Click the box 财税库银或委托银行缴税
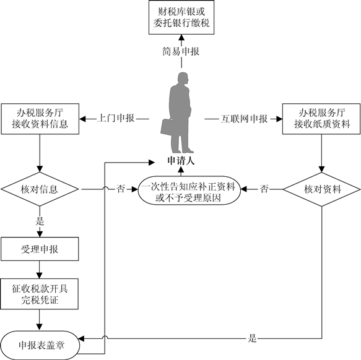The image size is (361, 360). tap(181, 17)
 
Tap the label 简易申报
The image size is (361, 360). tap(181, 51)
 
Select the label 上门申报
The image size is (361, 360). tap(116, 118)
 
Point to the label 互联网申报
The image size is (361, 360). tap(244, 119)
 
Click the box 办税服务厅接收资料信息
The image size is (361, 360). tap(40, 119)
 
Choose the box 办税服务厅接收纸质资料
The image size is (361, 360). tap(321, 119)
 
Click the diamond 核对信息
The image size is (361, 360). tap(40, 189)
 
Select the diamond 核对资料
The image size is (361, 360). tap(321, 189)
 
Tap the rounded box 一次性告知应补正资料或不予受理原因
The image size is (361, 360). tap(189, 191)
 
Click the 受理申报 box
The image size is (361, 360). tap(40, 249)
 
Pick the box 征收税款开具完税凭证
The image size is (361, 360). tap(40, 294)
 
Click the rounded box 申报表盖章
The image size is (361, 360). tap(40, 345)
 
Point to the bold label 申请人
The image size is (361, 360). tap(181, 161)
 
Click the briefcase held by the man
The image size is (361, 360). tap(167, 127)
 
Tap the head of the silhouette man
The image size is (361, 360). tap(183, 78)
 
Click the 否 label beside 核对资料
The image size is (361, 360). tap(264, 189)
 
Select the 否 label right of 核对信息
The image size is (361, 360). tap(121, 189)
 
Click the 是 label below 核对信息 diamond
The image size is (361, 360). tap(40, 221)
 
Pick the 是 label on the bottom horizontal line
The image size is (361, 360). tap(253, 338)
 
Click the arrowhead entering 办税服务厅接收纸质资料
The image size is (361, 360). tap(279, 119)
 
